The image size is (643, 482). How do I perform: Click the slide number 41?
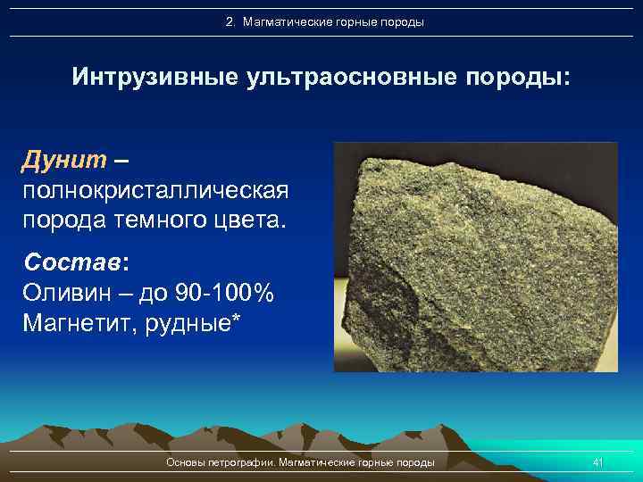click(598, 462)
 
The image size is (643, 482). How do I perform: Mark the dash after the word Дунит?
click(121, 162)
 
